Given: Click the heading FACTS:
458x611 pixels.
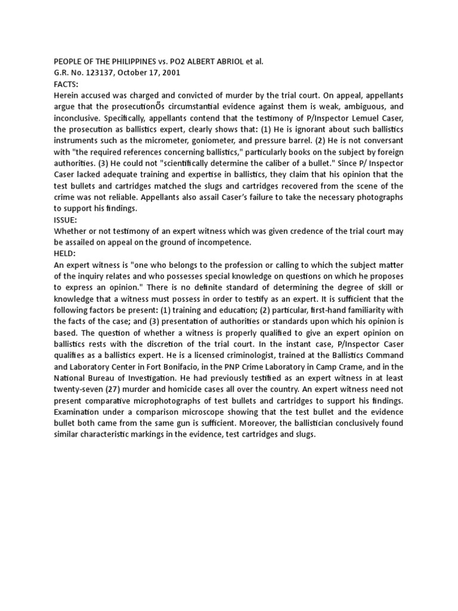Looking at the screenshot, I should point(66,84).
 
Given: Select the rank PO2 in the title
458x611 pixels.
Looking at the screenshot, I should point(179,61).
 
